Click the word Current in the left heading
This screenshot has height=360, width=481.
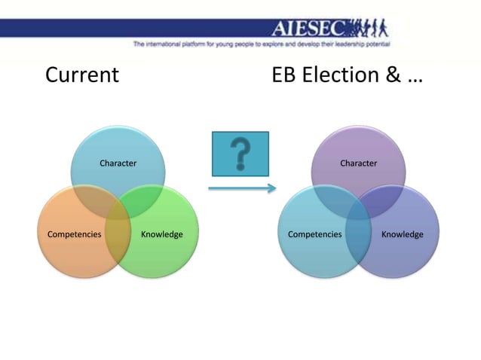[82, 75]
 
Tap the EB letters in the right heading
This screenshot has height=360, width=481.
[284, 75]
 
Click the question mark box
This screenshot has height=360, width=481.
[240, 154]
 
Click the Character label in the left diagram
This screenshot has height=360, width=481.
[118, 163]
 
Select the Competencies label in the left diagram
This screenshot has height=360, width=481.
[74, 234]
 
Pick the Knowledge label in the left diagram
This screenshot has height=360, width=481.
[161, 234]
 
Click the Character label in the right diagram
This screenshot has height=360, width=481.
[358, 163]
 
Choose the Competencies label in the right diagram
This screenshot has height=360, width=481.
[314, 234]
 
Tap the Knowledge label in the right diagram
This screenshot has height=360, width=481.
[402, 234]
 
